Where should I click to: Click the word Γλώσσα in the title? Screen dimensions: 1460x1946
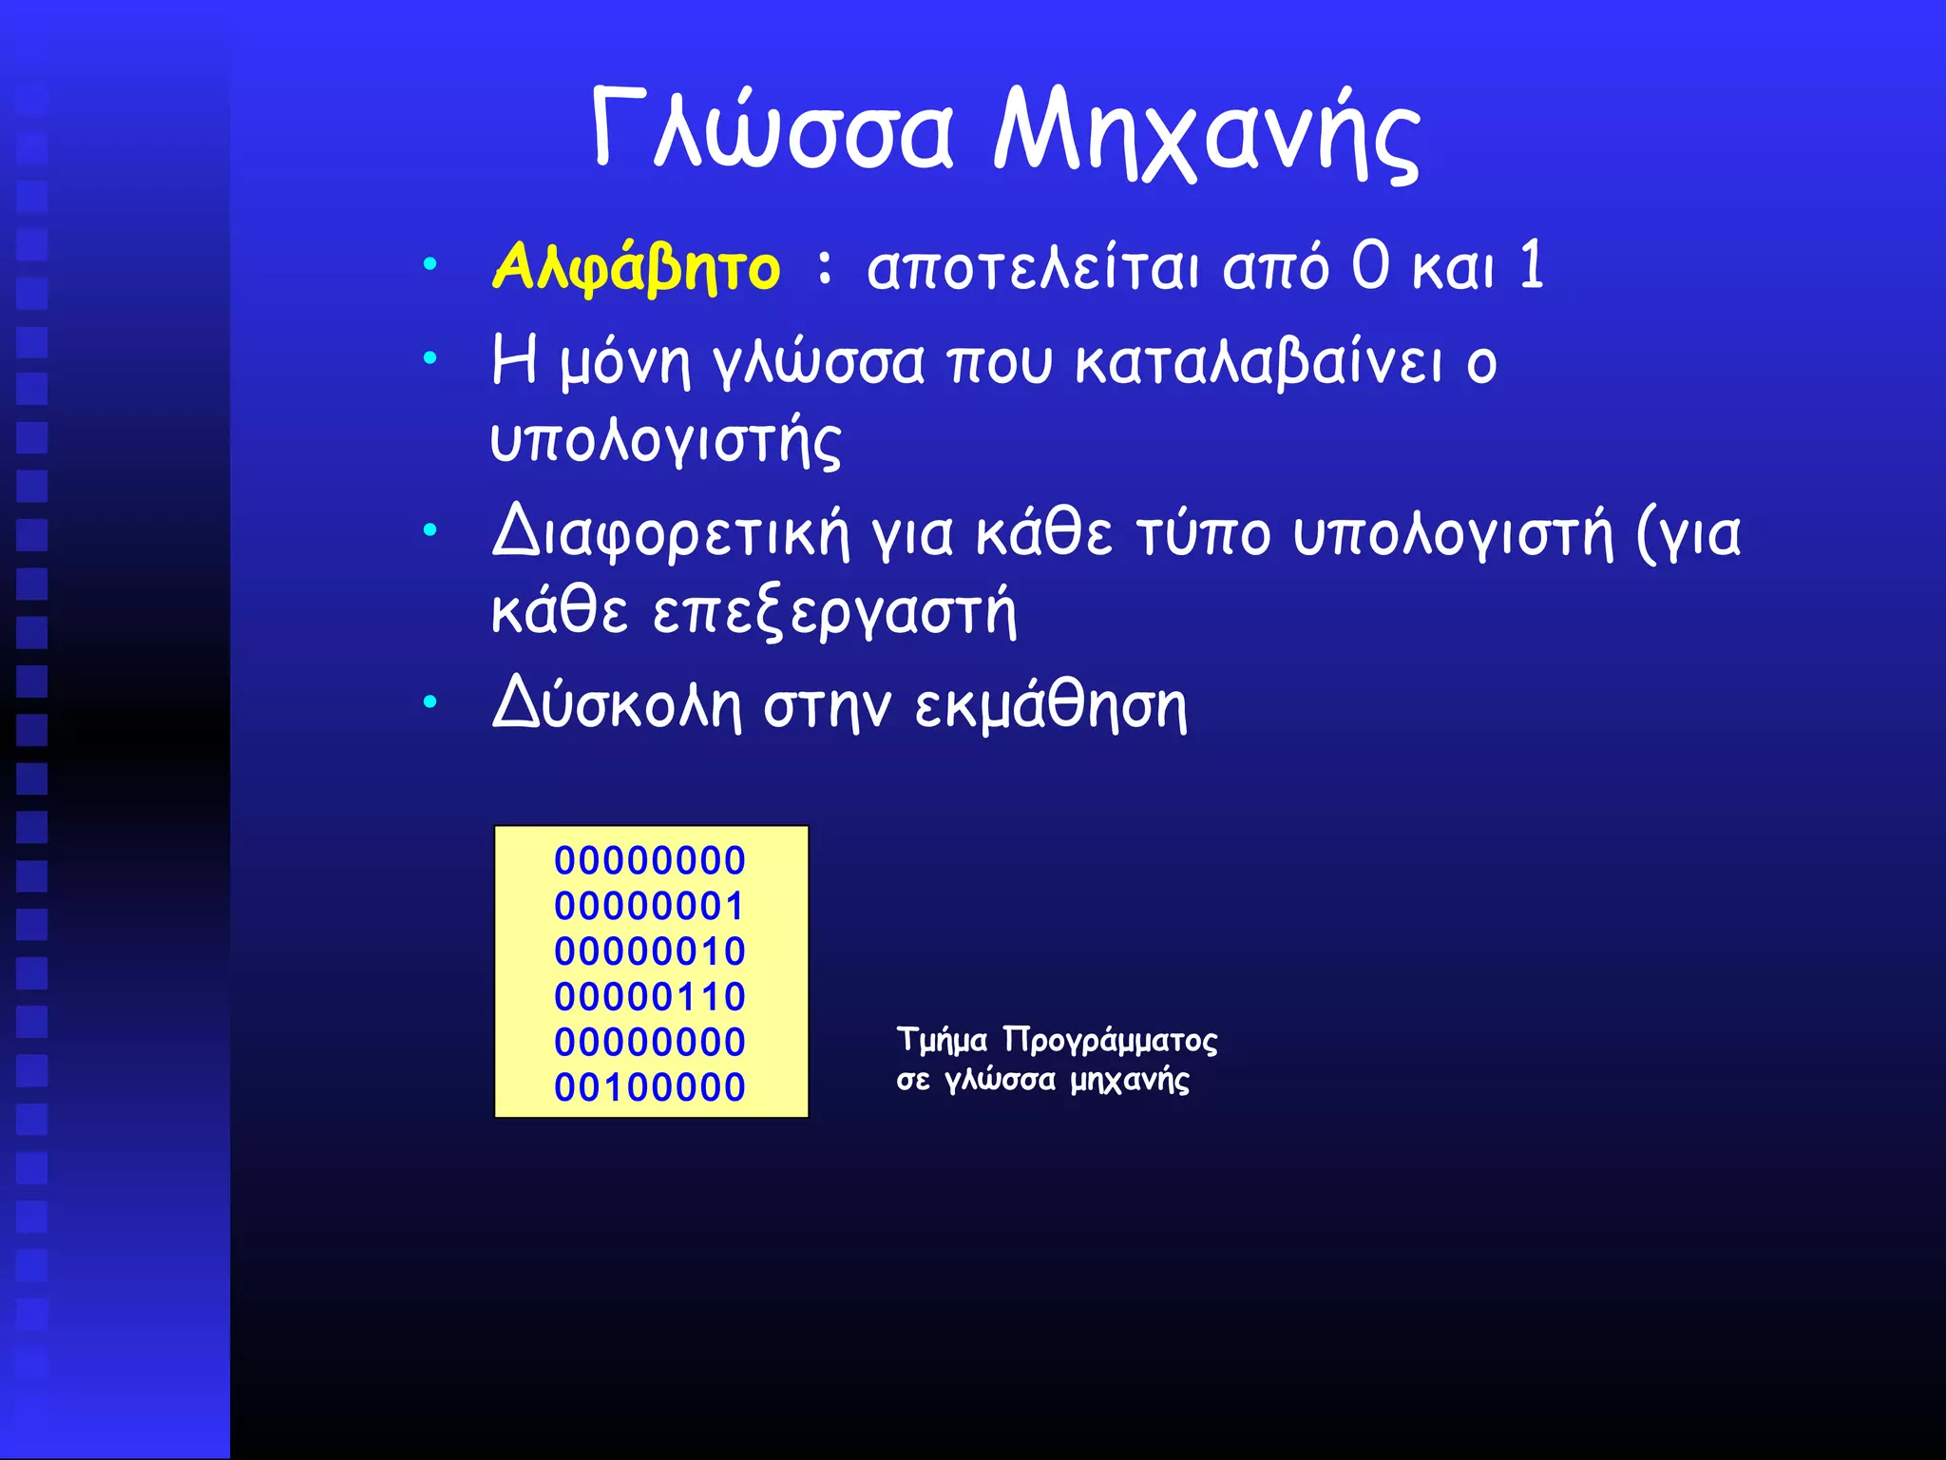click(x=772, y=131)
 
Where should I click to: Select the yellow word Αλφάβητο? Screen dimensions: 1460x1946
click(x=636, y=268)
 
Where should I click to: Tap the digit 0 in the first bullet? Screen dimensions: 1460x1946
click(x=1370, y=266)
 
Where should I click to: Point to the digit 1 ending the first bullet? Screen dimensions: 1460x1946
click(x=1531, y=266)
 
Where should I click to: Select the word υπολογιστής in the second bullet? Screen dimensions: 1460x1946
click(x=665, y=441)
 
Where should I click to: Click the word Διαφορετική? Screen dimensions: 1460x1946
click(x=670, y=534)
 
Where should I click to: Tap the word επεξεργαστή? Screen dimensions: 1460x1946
click(x=834, y=611)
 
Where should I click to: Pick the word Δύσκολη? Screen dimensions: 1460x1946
click(x=616, y=705)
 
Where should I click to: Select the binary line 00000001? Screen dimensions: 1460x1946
click(x=650, y=906)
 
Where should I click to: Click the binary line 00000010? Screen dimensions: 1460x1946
click(x=650, y=951)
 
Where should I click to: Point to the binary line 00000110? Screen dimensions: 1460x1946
click(x=650, y=997)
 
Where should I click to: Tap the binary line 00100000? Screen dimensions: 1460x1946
click(x=650, y=1087)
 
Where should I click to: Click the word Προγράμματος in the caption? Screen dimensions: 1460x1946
click(x=1110, y=1041)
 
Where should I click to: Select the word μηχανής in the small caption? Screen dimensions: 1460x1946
click(x=1129, y=1081)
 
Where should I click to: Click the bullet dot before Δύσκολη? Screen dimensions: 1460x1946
click(x=430, y=703)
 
